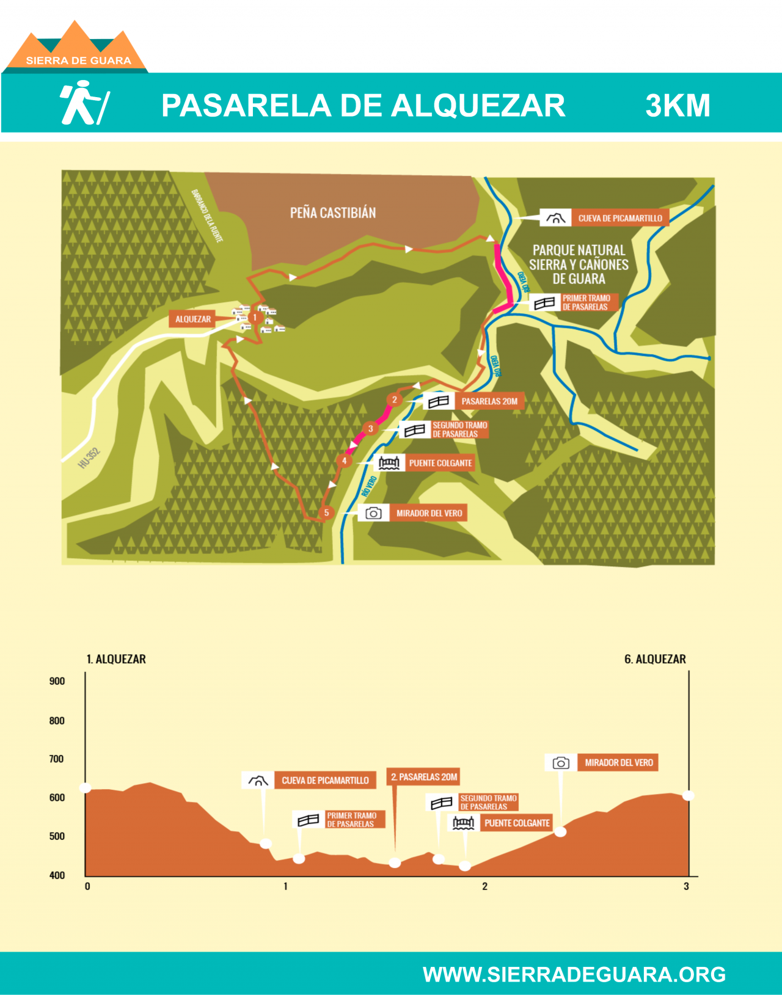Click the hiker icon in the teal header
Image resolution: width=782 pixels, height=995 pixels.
(84, 103)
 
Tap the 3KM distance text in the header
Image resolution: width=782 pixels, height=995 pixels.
(678, 106)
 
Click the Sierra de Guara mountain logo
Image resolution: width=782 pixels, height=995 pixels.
(76, 48)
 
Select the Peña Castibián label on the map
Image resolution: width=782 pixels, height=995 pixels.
(333, 213)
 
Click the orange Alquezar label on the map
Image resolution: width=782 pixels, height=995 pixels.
(193, 319)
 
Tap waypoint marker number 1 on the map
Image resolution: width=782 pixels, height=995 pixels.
(255, 318)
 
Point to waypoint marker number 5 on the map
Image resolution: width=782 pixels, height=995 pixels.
(326, 512)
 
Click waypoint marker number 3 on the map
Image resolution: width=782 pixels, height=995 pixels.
(370, 429)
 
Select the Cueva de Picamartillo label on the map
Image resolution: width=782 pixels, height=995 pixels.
(619, 218)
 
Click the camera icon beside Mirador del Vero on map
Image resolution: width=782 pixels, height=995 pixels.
(373, 513)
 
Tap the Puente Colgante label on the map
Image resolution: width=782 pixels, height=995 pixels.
(440, 463)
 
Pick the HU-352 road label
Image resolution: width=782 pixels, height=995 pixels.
(89, 458)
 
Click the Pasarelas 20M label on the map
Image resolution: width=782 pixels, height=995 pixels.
(489, 401)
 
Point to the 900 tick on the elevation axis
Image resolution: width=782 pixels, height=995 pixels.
(57, 681)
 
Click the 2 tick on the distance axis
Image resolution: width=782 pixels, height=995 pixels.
(484, 886)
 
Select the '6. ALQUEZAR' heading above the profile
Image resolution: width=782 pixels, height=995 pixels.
(655, 659)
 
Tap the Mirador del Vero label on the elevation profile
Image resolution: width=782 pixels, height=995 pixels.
(618, 762)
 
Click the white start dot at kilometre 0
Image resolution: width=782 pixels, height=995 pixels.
(86, 787)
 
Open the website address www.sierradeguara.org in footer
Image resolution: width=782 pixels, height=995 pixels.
(574, 974)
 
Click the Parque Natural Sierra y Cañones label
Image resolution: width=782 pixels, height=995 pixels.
(579, 264)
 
